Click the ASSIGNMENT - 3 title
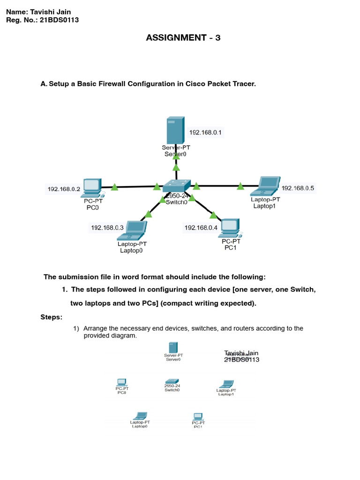click(x=183, y=38)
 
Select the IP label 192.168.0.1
click(x=205, y=133)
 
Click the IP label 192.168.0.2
click(x=64, y=189)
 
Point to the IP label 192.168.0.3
click(x=107, y=228)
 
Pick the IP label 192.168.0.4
click(x=201, y=228)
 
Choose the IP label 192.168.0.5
click(x=298, y=188)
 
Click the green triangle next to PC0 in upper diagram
click(x=114, y=187)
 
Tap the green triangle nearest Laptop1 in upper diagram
click(x=240, y=186)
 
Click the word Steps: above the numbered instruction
click(x=51, y=317)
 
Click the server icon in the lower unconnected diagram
click(x=172, y=347)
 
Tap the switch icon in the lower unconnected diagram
click(x=172, y=381)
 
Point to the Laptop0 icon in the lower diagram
click(x=140, y=415)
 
